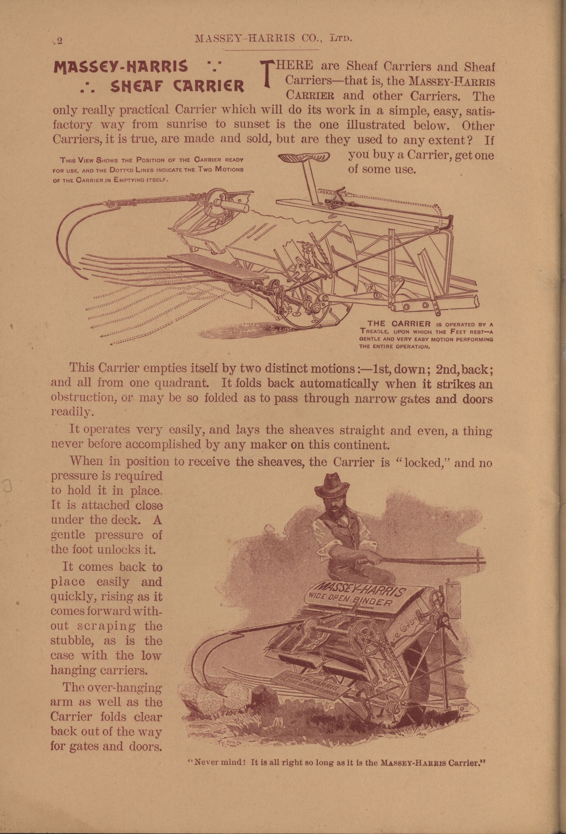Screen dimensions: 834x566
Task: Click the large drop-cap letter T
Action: pyautogui.click(x=266, y=74)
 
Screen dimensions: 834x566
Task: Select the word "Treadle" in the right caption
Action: pyautogui.click(x=375, y=331)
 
